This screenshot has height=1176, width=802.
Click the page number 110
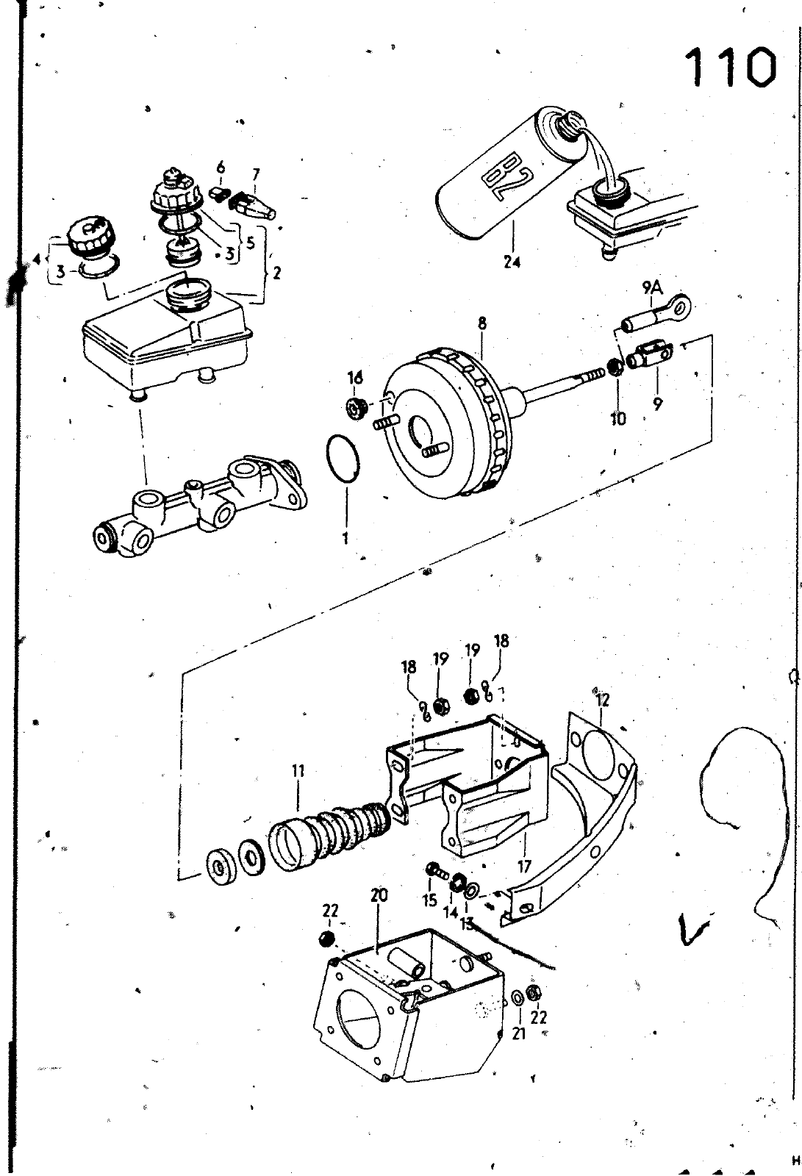tap(731, 68)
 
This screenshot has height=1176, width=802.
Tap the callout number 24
tap(512, 262)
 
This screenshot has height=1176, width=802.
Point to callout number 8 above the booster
tap(482, 323)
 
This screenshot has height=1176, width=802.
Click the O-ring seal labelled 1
tap(343, 457)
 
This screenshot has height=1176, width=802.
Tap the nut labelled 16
tap(355, 407)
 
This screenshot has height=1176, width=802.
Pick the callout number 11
tap(298, 771)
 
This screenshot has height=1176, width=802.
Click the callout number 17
tap(524, 866)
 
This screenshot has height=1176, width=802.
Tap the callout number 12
tap(602, 700)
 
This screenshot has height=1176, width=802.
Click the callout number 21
tap(519, 1033)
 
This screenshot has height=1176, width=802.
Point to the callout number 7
tap(256, 173)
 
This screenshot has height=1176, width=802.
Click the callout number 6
tap(221, 168)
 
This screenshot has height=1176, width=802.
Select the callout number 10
tap(618, 419)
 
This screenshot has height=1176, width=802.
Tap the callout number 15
tap(429, 900)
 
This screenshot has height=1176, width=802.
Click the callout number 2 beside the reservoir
tap(276, 273)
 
